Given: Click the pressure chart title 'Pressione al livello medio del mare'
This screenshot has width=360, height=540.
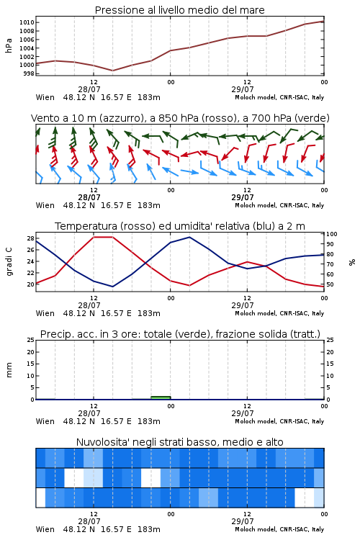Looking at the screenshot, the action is pyautogui.click(x=179, y=10).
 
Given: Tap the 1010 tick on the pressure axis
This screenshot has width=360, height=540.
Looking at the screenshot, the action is pyautogui.click(x=27, y=23).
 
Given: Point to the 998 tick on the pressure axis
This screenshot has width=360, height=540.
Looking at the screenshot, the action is pyautogui.click(x=28, y=73).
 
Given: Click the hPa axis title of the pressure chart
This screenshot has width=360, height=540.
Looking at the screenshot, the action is pyautogui.click(x=9, y=45).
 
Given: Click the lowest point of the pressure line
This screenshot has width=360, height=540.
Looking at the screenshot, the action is pyautogui.click(x=112, y=71).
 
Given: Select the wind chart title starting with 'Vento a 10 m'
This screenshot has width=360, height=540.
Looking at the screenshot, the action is pyautogui.click(x=180, y=118).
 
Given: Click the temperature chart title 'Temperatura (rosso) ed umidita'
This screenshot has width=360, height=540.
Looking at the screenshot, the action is pyautogui.click(x=180, y=226).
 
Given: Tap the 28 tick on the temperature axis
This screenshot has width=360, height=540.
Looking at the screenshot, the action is pyautogui.click(x=30, y=238).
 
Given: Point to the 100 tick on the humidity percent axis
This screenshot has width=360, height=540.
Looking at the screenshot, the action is pyautogui.click(x=332, y=234).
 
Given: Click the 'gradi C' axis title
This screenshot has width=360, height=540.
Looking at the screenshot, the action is pyautogui.click(x=9, y=261).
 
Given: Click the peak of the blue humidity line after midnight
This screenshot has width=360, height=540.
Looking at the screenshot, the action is pyautogui.click(x=189, y=237).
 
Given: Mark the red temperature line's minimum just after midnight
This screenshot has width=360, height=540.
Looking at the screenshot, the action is pyautogui.click(x=189, y=286).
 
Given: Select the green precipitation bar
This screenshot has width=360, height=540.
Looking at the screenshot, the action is pyautogui.click(x=161, y=398).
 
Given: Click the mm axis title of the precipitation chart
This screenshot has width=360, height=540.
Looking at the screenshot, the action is pyautogui.click(x=9, y=370).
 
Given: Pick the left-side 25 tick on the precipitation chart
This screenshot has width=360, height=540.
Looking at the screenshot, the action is pyautogui.click(x=30, y=340).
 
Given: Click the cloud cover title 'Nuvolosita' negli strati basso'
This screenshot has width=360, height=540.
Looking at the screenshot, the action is pyautogui.click(x=179, y=442).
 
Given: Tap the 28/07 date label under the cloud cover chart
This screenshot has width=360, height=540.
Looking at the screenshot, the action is pyautogui.click(x=89, y=521).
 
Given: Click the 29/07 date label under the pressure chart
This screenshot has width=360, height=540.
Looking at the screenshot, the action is pyautogui.click(x=243, y=89).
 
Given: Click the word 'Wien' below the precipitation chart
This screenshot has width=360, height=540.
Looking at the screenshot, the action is pyautogui.click(x=45, y=421).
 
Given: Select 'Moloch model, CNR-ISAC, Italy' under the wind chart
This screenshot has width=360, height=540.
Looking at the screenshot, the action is pyautogui.click(x=279, y=206).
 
